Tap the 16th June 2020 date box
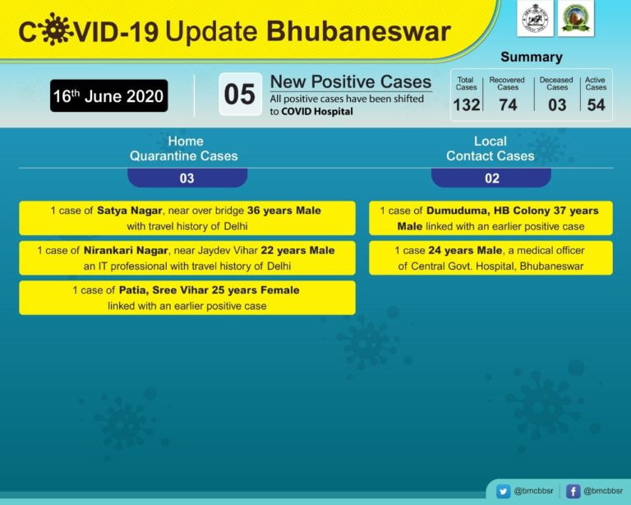(x=109, y=96)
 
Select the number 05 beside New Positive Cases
(x=240, y=94)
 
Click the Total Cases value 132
(x=467, y=104)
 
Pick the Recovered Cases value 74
(x=508, y=104)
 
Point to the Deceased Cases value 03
(x=557, y=104)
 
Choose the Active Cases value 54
(x=596, y=104)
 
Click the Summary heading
(x=532, y=58)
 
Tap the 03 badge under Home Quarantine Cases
(x=187, y=178)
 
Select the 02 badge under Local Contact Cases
(x=491, y=178)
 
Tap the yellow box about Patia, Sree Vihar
(x=187, y=298)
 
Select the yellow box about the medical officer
(x=491, y=257)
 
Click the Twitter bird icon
(x=502, y=491)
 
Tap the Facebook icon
(x=573, y=491)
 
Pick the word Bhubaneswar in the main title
(x=358, y=31)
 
